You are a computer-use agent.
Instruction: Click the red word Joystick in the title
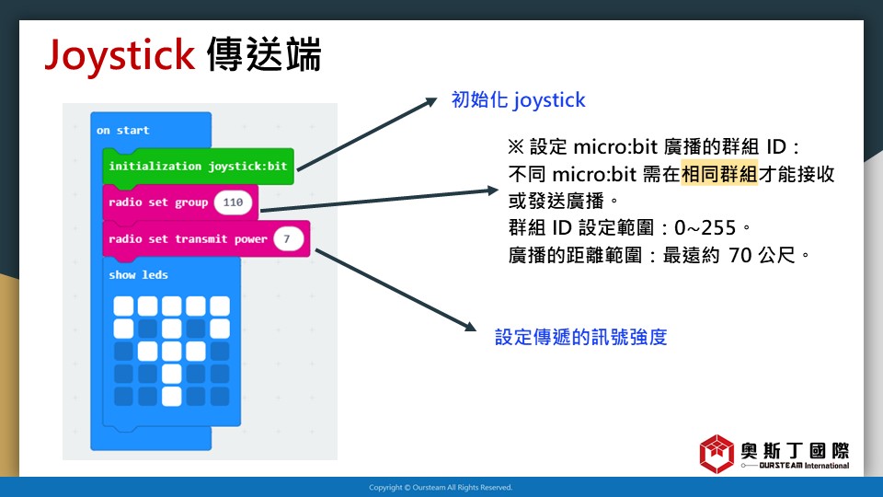(x=120, y=55)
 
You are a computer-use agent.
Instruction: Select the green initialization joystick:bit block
(x=199, y=167)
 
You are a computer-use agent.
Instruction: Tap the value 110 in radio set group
(x=233, y=202)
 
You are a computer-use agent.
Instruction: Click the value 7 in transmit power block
(x=288, y=239)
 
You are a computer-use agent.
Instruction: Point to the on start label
(x=122, y=130)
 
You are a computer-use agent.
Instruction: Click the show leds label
(x=139, y=275)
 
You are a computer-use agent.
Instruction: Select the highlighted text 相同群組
(x=719, y=174)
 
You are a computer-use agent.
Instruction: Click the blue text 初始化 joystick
(x=518, y=100)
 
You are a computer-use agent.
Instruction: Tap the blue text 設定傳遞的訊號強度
(x=580, y=337)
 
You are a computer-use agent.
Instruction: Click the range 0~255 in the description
(x=705, y=227)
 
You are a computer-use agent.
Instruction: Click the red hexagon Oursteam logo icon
(x=717, y=454)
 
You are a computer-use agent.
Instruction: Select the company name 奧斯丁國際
(x=795, y=451)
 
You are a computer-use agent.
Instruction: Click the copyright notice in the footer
(x=441, y=488)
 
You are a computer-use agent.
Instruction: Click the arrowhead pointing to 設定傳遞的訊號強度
(x=471, y=326)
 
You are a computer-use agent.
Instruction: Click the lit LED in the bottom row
(x=172, y=396)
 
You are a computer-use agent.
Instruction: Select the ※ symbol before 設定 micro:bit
(x=516, y=147)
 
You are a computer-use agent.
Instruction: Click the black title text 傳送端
(x=264, y=54)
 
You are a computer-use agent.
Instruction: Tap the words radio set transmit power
(x=188, y=239)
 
